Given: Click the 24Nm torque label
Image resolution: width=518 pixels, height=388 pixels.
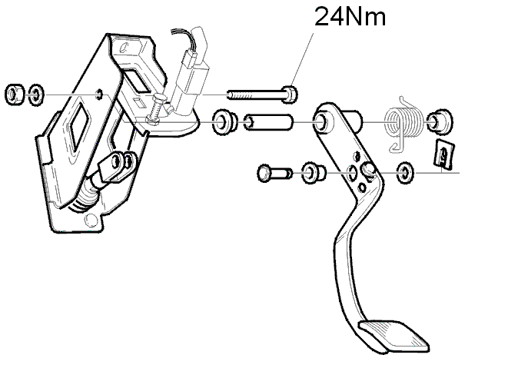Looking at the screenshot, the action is [x=350, y=16].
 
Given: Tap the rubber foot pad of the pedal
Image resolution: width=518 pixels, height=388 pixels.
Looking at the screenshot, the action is [x=394, y=336].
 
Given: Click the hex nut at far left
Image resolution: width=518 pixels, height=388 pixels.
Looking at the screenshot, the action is [x=15, y=95].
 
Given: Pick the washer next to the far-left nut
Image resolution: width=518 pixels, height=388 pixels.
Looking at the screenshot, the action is [x=36, y=95].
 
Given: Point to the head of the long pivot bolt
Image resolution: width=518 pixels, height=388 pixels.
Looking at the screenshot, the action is [x=290, y=95].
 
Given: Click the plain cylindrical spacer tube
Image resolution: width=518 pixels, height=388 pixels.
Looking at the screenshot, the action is [x=268, y=122].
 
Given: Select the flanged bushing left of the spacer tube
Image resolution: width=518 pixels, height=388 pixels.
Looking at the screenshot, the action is [x=224, y=122].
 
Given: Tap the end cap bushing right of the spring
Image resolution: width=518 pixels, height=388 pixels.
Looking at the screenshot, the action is [x=440, y=122].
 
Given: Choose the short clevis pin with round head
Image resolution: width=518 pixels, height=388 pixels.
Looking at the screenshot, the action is [x=275, y=173].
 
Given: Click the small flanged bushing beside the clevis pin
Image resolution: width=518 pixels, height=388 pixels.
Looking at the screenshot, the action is [x=314, y=173].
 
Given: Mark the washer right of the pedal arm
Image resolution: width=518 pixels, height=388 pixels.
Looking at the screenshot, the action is [x=405, y=172].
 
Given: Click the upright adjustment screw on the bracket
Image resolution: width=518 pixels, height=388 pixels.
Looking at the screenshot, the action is [x=155, y=108].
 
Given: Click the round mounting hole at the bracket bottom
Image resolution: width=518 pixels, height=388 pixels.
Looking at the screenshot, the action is [x=91, y=220].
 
